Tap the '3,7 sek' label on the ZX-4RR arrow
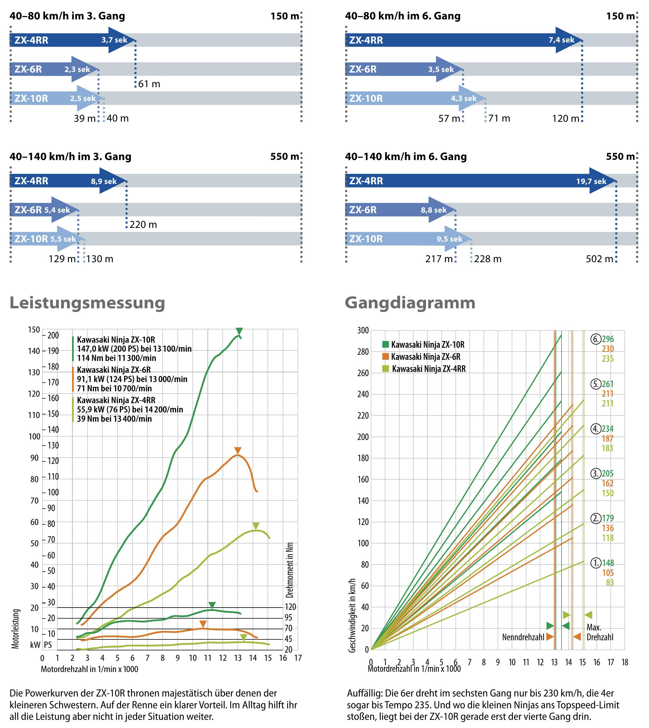(114, 40)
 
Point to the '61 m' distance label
(149, 84)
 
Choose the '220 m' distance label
(143, 224)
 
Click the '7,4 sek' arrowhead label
(561, 40)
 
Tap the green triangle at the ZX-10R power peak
(239, 331)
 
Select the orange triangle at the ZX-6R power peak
(238, 450)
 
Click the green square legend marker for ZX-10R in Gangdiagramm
(385, 344)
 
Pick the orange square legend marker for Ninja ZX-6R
(385, 356)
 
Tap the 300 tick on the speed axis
(363, 331)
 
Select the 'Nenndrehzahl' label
(523, 637)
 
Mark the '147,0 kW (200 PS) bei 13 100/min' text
(134, 349)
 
